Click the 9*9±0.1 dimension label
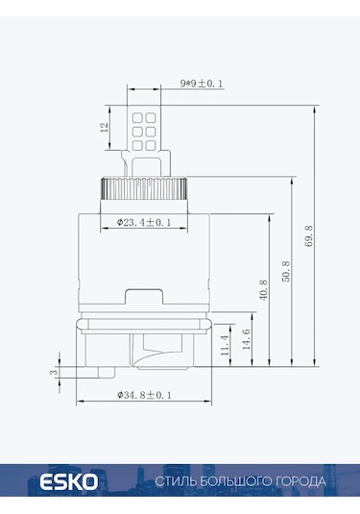202,84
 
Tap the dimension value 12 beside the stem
104,127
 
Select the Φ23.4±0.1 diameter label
144,222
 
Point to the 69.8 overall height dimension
310,236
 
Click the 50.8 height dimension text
286,271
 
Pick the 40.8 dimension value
263,289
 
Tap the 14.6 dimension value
247,339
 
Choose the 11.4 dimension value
225,345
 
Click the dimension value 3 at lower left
54,372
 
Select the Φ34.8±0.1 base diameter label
144,395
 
